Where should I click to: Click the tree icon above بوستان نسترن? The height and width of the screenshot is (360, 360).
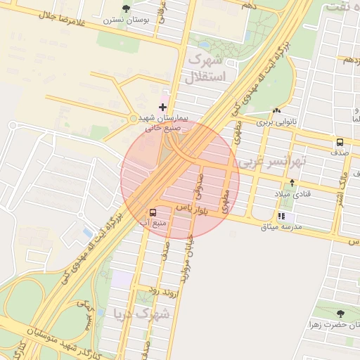click(x=126, y=8)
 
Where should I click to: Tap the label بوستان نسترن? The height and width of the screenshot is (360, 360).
click(x=126, y=20)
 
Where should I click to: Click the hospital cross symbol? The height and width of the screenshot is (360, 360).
click(x=163, y=107)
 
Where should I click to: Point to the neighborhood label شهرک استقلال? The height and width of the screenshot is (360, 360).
click(x=205, y=67)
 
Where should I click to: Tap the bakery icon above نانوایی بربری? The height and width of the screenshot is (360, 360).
click(x=276, y=110)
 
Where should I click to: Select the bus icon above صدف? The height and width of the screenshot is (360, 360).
click(x=340, y=141)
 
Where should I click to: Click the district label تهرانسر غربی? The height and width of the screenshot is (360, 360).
click(x=273, y=161)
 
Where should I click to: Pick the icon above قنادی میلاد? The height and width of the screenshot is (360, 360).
click(x=292, y=183)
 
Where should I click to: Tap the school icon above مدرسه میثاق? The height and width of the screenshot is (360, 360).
click(x=281, y=216)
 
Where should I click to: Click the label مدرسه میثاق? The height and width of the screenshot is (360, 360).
click(x=281, y=227)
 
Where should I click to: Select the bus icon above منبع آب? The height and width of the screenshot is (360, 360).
click(x=153, y=212)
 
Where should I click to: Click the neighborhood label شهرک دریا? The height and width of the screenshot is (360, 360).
click(x=141, y=314)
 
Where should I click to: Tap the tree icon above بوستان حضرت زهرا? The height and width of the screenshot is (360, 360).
click(x=340, y=314)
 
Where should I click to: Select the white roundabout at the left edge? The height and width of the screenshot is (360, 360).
click(x=13, y=126)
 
